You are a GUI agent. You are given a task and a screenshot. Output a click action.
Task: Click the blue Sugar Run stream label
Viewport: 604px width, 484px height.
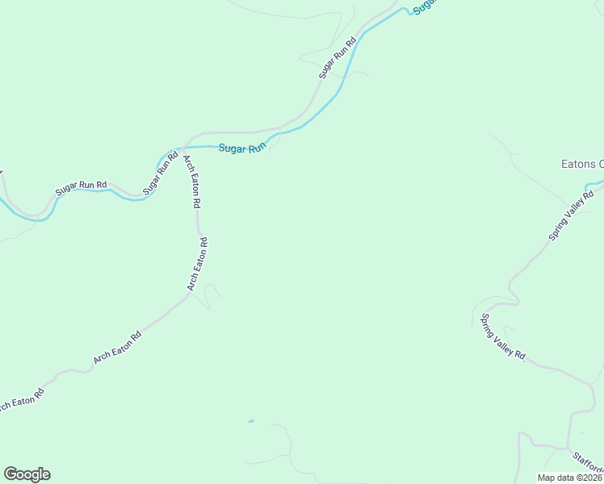pos(242,148)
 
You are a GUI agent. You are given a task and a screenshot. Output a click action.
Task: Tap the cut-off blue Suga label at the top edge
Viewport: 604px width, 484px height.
pos(424,5)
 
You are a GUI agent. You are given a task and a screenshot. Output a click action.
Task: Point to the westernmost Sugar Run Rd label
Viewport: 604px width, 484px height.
pos(81,189)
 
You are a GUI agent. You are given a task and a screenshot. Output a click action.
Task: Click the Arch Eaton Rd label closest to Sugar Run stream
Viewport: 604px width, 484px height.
pos(191,181)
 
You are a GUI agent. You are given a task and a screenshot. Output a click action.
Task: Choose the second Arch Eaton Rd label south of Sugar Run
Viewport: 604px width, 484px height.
pos(198,264)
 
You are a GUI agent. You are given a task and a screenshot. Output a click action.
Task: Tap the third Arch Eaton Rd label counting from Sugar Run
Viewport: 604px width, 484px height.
pos(118,347)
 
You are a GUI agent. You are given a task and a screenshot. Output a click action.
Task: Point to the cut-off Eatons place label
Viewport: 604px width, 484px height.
pos(582,164)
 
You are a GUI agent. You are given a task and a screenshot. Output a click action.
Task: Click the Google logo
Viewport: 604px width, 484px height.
pos(27,474)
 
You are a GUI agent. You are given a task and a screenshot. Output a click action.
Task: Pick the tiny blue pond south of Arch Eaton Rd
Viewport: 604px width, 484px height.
pos(251,420)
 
